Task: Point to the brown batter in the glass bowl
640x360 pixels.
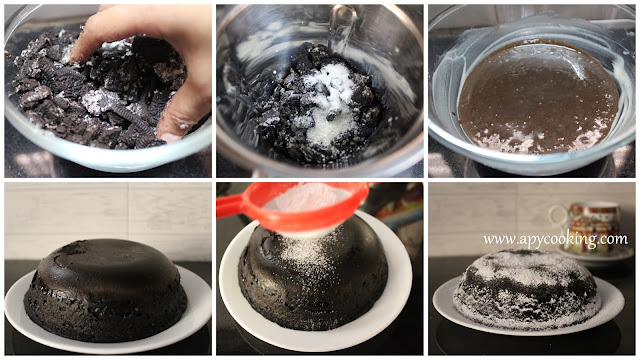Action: pos(538,98)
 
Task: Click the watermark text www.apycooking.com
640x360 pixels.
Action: pos(556,240)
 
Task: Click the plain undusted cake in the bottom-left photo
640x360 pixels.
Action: pos(105,290)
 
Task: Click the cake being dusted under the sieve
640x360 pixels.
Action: pos(312,278)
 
